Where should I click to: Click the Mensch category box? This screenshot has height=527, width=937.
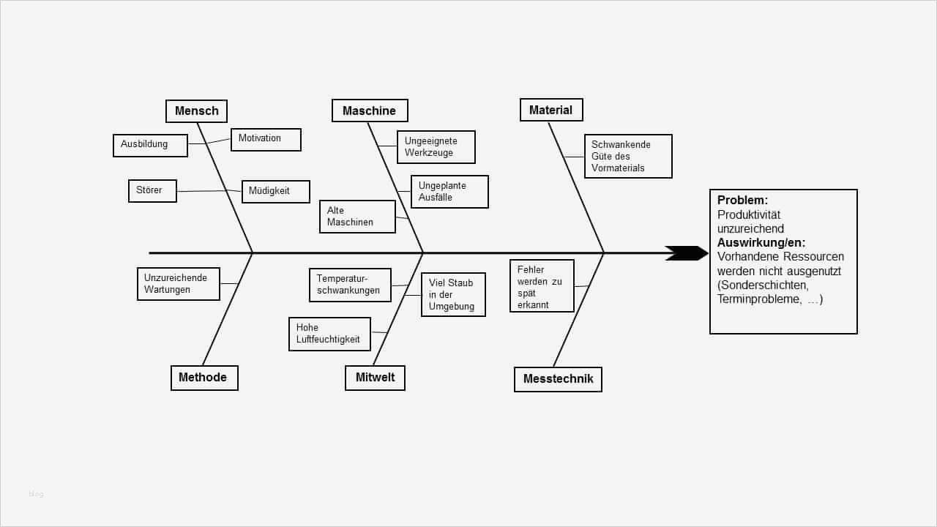[196, 111]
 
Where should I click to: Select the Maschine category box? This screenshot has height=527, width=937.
[370, 111]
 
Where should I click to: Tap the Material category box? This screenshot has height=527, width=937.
[551, 110]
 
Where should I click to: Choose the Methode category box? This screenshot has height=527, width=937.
[204, 378]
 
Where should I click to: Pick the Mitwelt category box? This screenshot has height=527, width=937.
[375, 378]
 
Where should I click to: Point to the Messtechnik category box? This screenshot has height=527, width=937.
[558, 379]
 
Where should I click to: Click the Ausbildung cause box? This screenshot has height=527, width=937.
[150, 145]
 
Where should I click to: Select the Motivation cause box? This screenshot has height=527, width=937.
[266, 139]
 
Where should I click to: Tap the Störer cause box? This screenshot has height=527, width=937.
[152, 191]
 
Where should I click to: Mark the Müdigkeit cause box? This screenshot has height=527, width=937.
[275, 191]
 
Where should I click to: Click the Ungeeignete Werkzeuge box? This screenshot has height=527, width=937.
[436, 147]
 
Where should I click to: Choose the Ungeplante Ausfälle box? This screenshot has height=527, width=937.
[449, 192]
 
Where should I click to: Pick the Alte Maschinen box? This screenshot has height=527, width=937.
[357, 217]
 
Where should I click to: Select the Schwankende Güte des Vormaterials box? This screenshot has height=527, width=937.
[627, 156]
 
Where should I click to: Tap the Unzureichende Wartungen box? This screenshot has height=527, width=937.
[178, 284]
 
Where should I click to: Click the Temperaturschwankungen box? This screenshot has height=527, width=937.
[350, 285]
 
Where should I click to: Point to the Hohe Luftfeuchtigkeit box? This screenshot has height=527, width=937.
[329, 334]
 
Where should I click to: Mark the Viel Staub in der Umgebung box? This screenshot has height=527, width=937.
[453, 294]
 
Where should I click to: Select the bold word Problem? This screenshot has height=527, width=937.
[742, 200]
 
